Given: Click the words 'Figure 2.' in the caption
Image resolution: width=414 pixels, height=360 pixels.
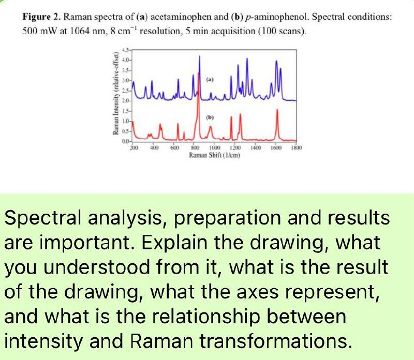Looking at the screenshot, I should (x=41, y=17).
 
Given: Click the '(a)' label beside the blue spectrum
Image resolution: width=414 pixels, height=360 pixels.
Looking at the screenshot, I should (x=210, y=80).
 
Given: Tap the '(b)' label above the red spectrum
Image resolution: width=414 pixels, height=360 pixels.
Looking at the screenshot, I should (x=210, y=117).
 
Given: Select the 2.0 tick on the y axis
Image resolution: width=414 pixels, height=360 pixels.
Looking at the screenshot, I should (x=125, y=99).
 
